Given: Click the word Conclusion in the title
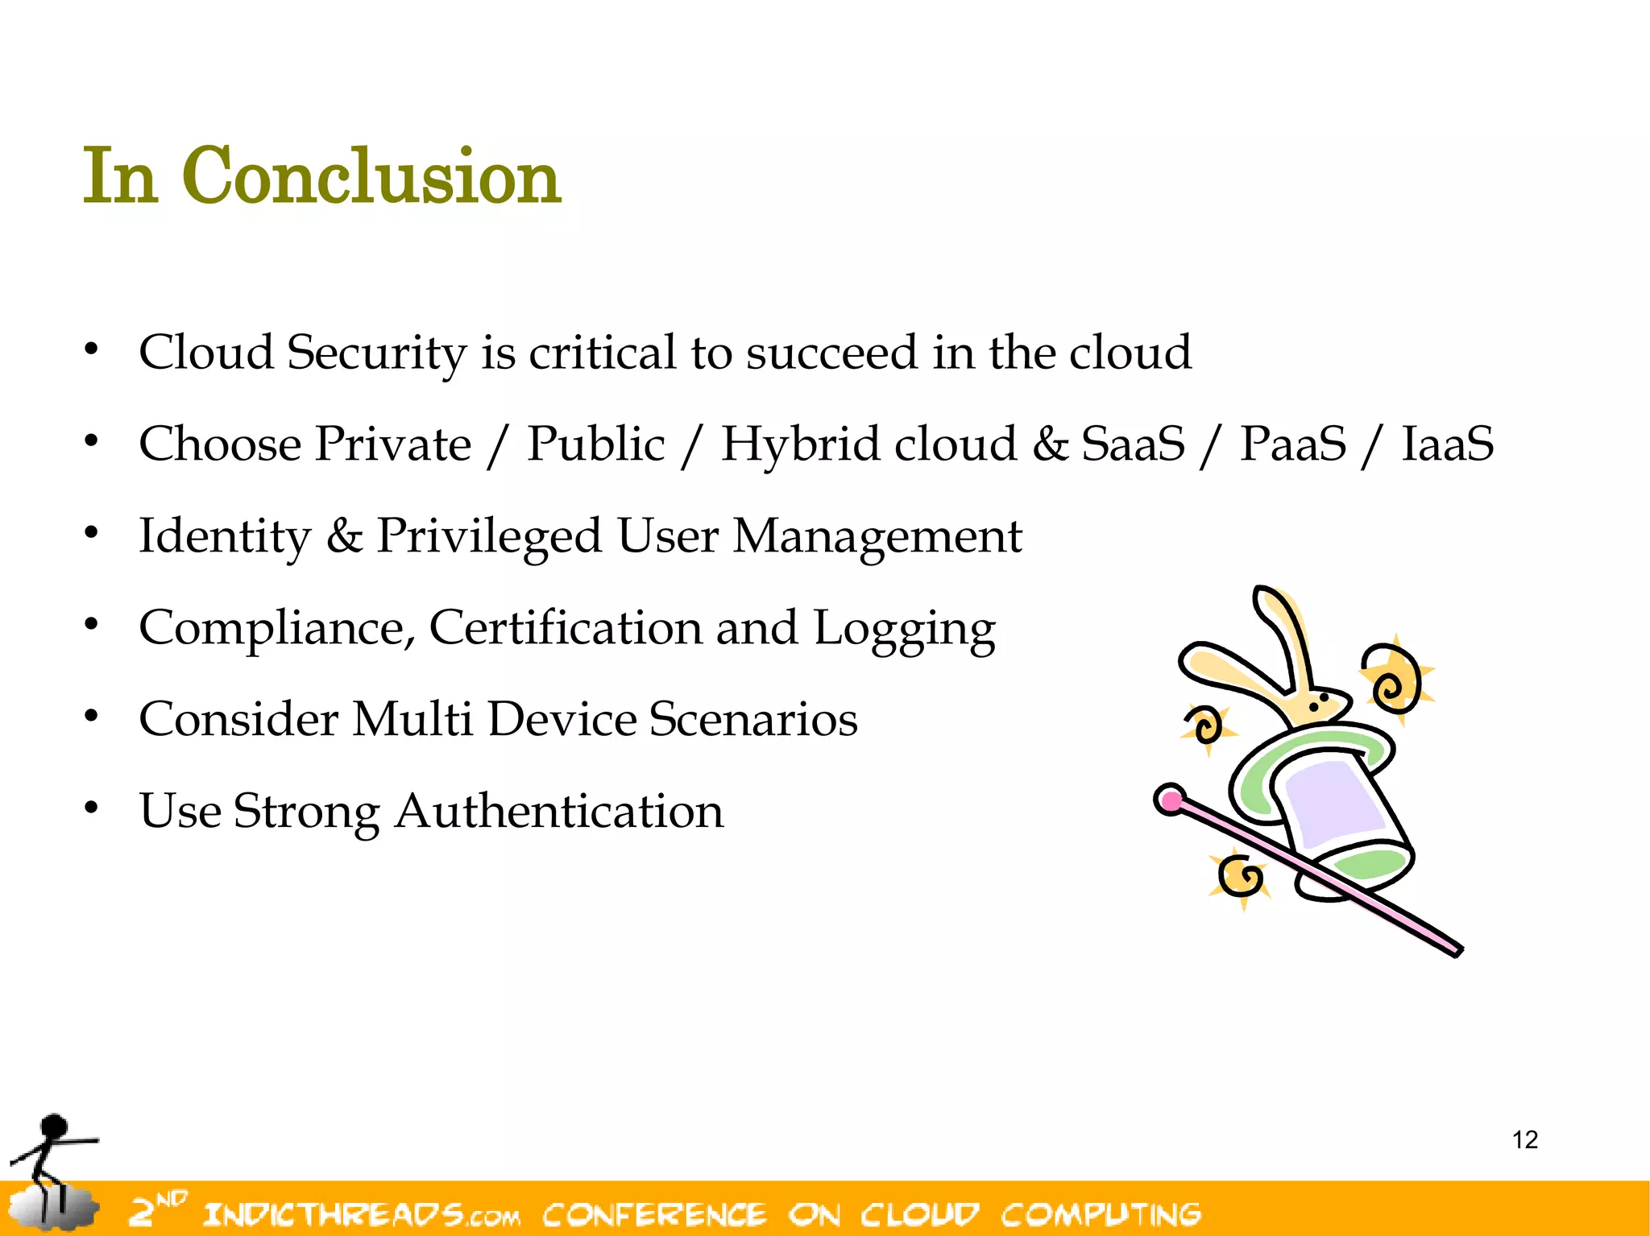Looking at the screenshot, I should tap(371, 176).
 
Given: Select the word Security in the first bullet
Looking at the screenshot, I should tap(376, 353).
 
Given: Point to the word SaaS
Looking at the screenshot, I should tap(1133, 444).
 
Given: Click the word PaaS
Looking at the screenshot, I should tap(1292, 444).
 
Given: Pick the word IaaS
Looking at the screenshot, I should tap(1448, 444).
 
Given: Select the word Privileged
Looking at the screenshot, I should tap(489, 536).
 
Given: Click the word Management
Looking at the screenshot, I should tap(877, 536).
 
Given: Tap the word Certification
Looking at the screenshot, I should tap(566, 628).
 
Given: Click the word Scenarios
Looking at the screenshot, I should tap(753, 719).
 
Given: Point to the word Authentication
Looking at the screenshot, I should tap(559, 811).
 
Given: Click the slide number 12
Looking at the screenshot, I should tap(1524, 1140).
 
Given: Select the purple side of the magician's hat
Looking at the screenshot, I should tap(1333, 805).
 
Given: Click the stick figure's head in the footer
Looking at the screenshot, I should tap(54, 1126).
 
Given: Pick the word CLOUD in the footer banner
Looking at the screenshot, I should tap(919, 1213).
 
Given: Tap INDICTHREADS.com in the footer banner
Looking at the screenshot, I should tap(361, 1213).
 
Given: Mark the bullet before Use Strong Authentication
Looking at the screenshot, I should tap(92, 808).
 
